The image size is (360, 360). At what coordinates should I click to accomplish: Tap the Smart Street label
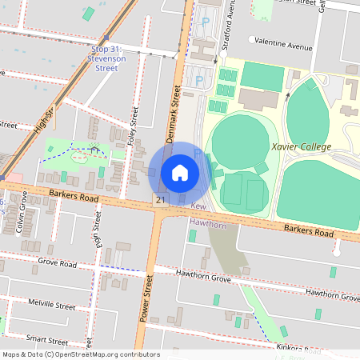pos(46,339)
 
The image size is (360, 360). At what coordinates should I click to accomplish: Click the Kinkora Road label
pos(301,349)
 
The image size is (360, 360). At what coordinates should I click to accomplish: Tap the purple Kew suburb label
pos(198,207)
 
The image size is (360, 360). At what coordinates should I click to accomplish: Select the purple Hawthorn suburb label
pos(207,225)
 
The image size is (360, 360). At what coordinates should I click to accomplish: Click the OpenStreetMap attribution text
pos(81,354)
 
